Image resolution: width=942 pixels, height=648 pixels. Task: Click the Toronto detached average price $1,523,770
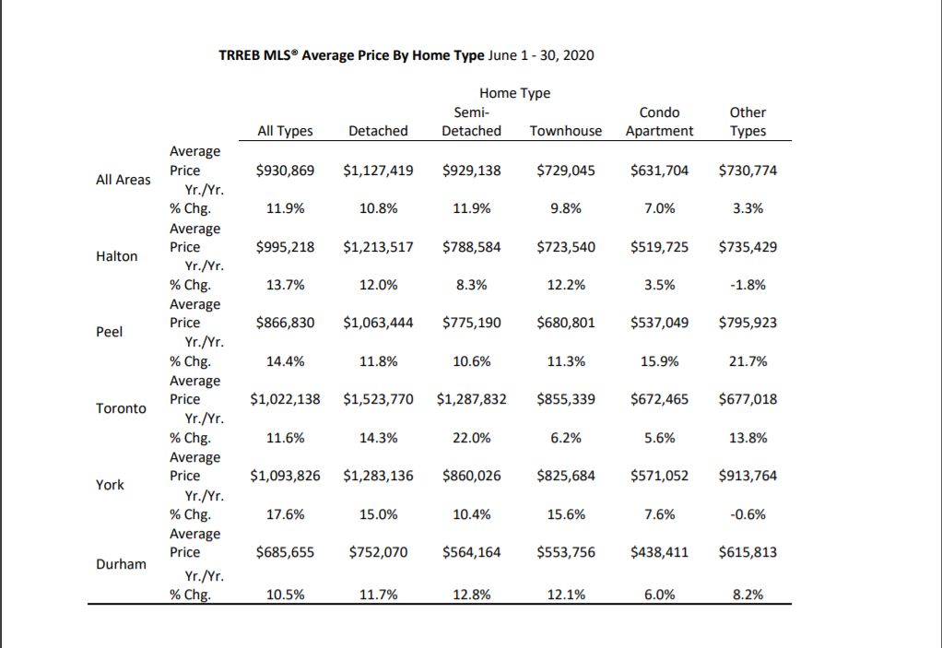pyautogui.click(x=378, y=399)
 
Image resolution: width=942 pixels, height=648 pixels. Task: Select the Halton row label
pyautogui.click(x=116, y=256)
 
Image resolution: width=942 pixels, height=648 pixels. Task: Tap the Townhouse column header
pyautogui.click(x=566, y=131)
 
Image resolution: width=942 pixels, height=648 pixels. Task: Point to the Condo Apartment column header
pyautogui.click(x=659, y=122)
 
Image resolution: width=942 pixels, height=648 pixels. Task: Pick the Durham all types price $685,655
pyautogui.click(x=285, y=552)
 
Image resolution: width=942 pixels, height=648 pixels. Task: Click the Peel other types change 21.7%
pyautogui.click(x=748, y=361)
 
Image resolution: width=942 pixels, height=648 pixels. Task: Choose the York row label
pyautogui.click(x=110, y=485)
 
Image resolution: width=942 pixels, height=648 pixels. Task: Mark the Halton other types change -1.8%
pyautogui.click(x=748, y=285)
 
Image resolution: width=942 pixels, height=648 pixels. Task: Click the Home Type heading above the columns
pyautogui.click(x=515, y=93)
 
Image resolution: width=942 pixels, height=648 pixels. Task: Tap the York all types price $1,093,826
pyautogui.click(x=285, y=476)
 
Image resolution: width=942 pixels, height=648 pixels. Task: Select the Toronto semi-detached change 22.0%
pyautogui.click(x=472, y=438)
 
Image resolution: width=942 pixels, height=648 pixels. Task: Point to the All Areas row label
pyautogui.click(x=124, y=180)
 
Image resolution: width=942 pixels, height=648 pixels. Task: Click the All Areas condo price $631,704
pyautogui.click(x=659, y=171)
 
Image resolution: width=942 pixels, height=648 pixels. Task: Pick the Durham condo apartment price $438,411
pyautogui.click(x=659, y=552)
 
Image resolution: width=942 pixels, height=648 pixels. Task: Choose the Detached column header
pyautogui.click(x=378, y=131)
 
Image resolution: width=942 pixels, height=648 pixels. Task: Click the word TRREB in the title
pyautogui.click(x=239, y=55)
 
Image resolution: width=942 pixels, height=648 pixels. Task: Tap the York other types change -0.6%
pyautogui.click(x=748, y=514)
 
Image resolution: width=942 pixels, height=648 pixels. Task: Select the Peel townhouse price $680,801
pyautogui.click(x=566, y=324)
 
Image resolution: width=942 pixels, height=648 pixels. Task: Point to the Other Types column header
pyautogui.click(x=748, y=122)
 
